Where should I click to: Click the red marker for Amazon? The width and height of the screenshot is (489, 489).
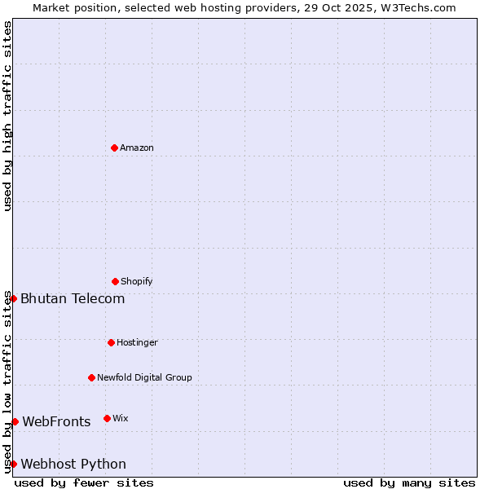point(115,148)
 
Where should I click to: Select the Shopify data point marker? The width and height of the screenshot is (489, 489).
point(115,281)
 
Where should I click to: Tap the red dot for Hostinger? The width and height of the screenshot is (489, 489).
point(111,342)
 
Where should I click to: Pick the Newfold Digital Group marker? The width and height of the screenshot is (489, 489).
point(92,377)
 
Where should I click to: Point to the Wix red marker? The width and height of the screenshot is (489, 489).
point(107,418)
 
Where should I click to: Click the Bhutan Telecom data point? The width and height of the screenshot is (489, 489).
point(13,298)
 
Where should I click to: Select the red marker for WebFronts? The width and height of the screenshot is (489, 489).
point(15,421)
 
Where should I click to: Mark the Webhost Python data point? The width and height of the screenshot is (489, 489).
point(13,464)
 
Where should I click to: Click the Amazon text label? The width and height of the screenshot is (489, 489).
point(137,148)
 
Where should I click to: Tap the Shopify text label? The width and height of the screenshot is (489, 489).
point(137,282)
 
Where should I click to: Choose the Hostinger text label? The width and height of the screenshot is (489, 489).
point(137,343)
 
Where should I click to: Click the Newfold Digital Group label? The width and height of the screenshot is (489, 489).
point(144,378)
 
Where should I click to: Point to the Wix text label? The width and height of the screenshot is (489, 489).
point(121,419)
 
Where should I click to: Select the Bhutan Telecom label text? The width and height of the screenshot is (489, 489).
point(73,299)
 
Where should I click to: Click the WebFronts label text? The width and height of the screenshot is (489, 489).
point(56,422)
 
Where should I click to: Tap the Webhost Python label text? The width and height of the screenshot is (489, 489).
point(73,465)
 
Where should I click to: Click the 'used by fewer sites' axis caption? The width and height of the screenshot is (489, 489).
point(84,483)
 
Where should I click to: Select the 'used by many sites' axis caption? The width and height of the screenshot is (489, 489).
point(409,483)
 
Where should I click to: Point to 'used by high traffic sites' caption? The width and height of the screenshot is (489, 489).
point(7,116)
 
